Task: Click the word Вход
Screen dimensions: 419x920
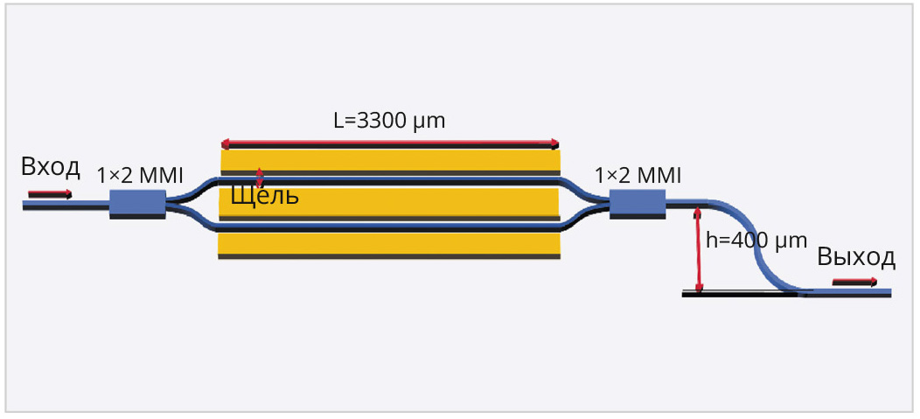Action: click(51, 167)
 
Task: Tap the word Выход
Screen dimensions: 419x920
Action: click(856, 257)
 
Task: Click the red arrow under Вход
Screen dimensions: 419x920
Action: click(50, 193)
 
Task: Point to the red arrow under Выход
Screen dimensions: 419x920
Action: click(854, 282)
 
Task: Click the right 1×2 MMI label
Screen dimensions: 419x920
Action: click(638, 176)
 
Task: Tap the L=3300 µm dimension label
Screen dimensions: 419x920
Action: click(389, 121)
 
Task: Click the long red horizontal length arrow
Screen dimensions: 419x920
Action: click(389, 143)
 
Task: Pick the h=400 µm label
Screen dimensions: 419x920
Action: click(756, 241)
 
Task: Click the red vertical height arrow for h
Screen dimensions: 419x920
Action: click(698, 250)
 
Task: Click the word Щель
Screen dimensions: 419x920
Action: click(264, 197)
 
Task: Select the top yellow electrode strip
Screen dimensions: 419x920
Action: click(389, 160)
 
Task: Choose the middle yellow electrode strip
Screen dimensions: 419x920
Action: click(389, 203)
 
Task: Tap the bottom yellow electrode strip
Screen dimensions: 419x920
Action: click(389, 243)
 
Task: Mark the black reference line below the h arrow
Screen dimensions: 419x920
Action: click(739, 295)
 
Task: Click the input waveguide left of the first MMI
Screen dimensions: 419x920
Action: click(66, 205)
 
